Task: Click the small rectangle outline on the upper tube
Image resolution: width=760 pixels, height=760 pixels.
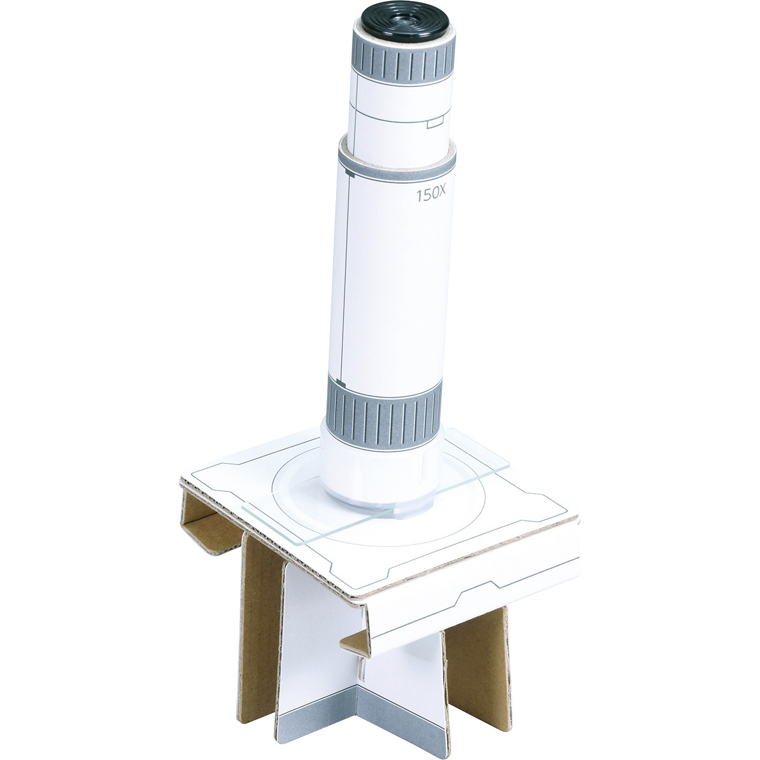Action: [x=436, y=124]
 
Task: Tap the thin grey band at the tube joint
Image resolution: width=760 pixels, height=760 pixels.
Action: [x=396, y=164]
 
